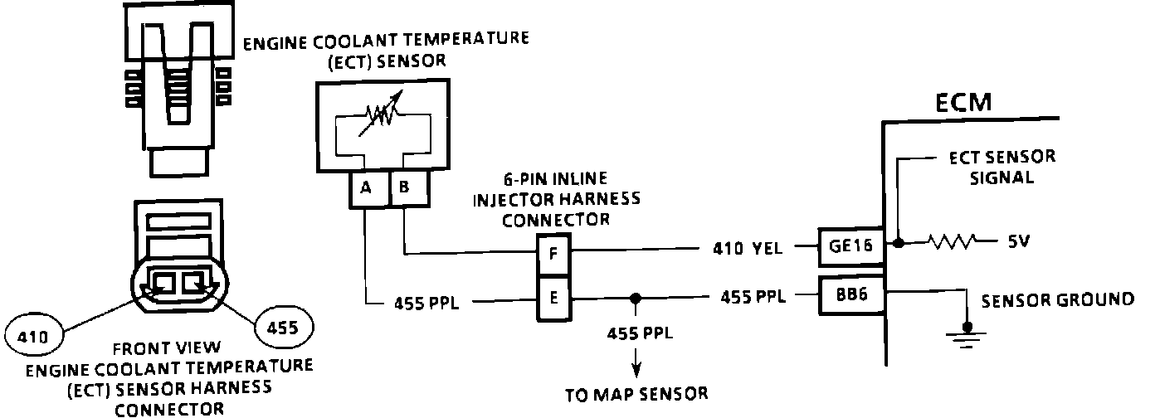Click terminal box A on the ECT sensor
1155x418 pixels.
pos(368,188)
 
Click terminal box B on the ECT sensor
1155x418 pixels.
pos(409,188)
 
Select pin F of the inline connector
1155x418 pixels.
pos(553,255)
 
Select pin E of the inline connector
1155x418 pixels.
pos(553,299)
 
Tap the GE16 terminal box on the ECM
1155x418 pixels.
pos(851,246)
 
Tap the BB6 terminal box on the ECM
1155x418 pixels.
pos(851,294)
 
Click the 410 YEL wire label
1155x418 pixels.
pos(747,249)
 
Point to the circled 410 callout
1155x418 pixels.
pos(34,336)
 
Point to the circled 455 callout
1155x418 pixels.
pos(284,327)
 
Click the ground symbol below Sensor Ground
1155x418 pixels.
pos(967,336)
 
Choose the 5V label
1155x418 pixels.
pos(1019,241)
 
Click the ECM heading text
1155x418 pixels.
pos(963,103)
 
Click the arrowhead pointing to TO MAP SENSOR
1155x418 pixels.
pos(636,370)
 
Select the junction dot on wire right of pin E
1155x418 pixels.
pos(636,299)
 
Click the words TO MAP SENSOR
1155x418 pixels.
pos(636,395)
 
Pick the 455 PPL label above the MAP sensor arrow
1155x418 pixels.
pos(640,333)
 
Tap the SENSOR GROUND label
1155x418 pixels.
pos(1058,300)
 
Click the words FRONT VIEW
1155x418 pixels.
pos(167,348)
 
